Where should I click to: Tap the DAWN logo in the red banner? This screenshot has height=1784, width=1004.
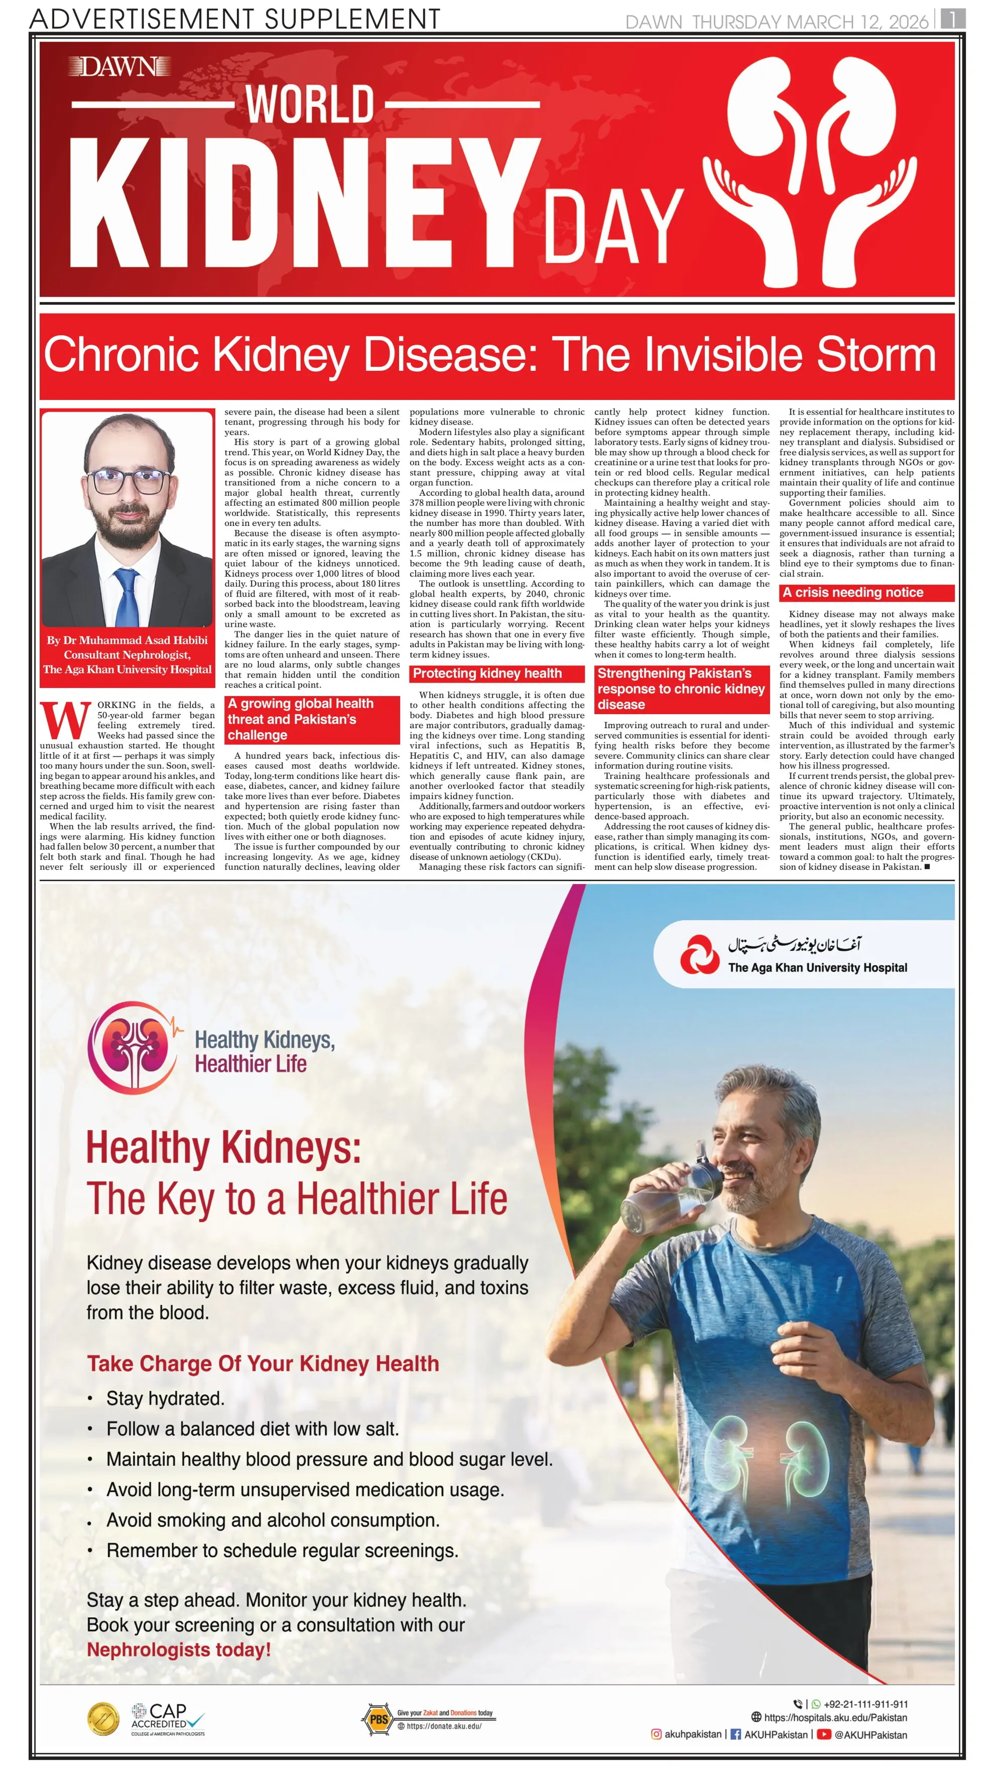[119, 67]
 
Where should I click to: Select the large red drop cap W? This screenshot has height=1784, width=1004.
[66, 720]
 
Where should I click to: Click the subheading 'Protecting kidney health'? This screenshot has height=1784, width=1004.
[487, 673]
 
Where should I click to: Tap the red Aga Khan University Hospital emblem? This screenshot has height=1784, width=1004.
[699, 954]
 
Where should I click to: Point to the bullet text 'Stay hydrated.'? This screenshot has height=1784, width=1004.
[165, 1398]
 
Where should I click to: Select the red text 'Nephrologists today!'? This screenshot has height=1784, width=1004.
[179, 1649]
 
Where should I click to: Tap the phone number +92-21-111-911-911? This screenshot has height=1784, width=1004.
[865, 1704]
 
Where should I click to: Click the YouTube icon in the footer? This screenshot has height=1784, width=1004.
[823, 1734]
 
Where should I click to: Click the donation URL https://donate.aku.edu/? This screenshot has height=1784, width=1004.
[443, 1726]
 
